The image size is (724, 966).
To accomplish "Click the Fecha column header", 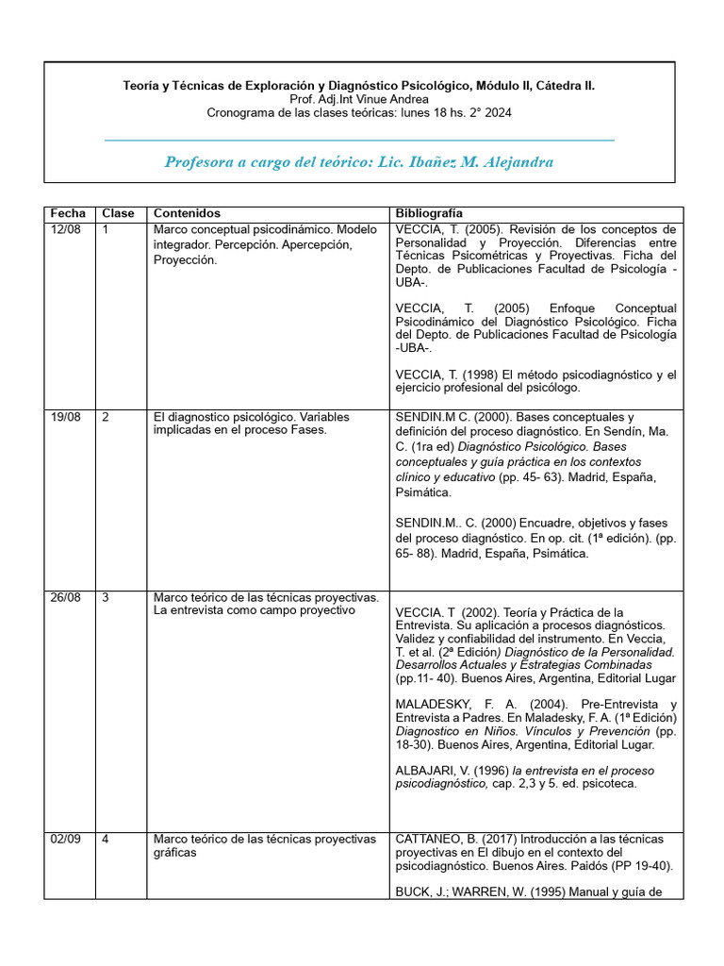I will point(68,213).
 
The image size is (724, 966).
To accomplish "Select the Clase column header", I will point(118,213).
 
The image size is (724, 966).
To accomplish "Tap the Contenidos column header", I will point(187,213).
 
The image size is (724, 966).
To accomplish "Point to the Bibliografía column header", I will point(429,213).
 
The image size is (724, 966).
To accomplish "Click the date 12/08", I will point(65,229).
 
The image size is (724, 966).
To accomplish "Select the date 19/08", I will point(65,417).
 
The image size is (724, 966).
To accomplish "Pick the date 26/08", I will point(65,597).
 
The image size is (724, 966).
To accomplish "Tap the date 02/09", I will point(65,839).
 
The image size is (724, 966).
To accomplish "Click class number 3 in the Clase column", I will point(106,597).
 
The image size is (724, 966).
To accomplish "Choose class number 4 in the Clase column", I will point(106,839).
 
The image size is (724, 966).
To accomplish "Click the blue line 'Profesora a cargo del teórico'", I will point(359,162).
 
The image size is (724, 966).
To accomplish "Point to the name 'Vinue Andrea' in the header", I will point(394,99).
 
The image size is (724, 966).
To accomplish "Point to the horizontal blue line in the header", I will point(359,140).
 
